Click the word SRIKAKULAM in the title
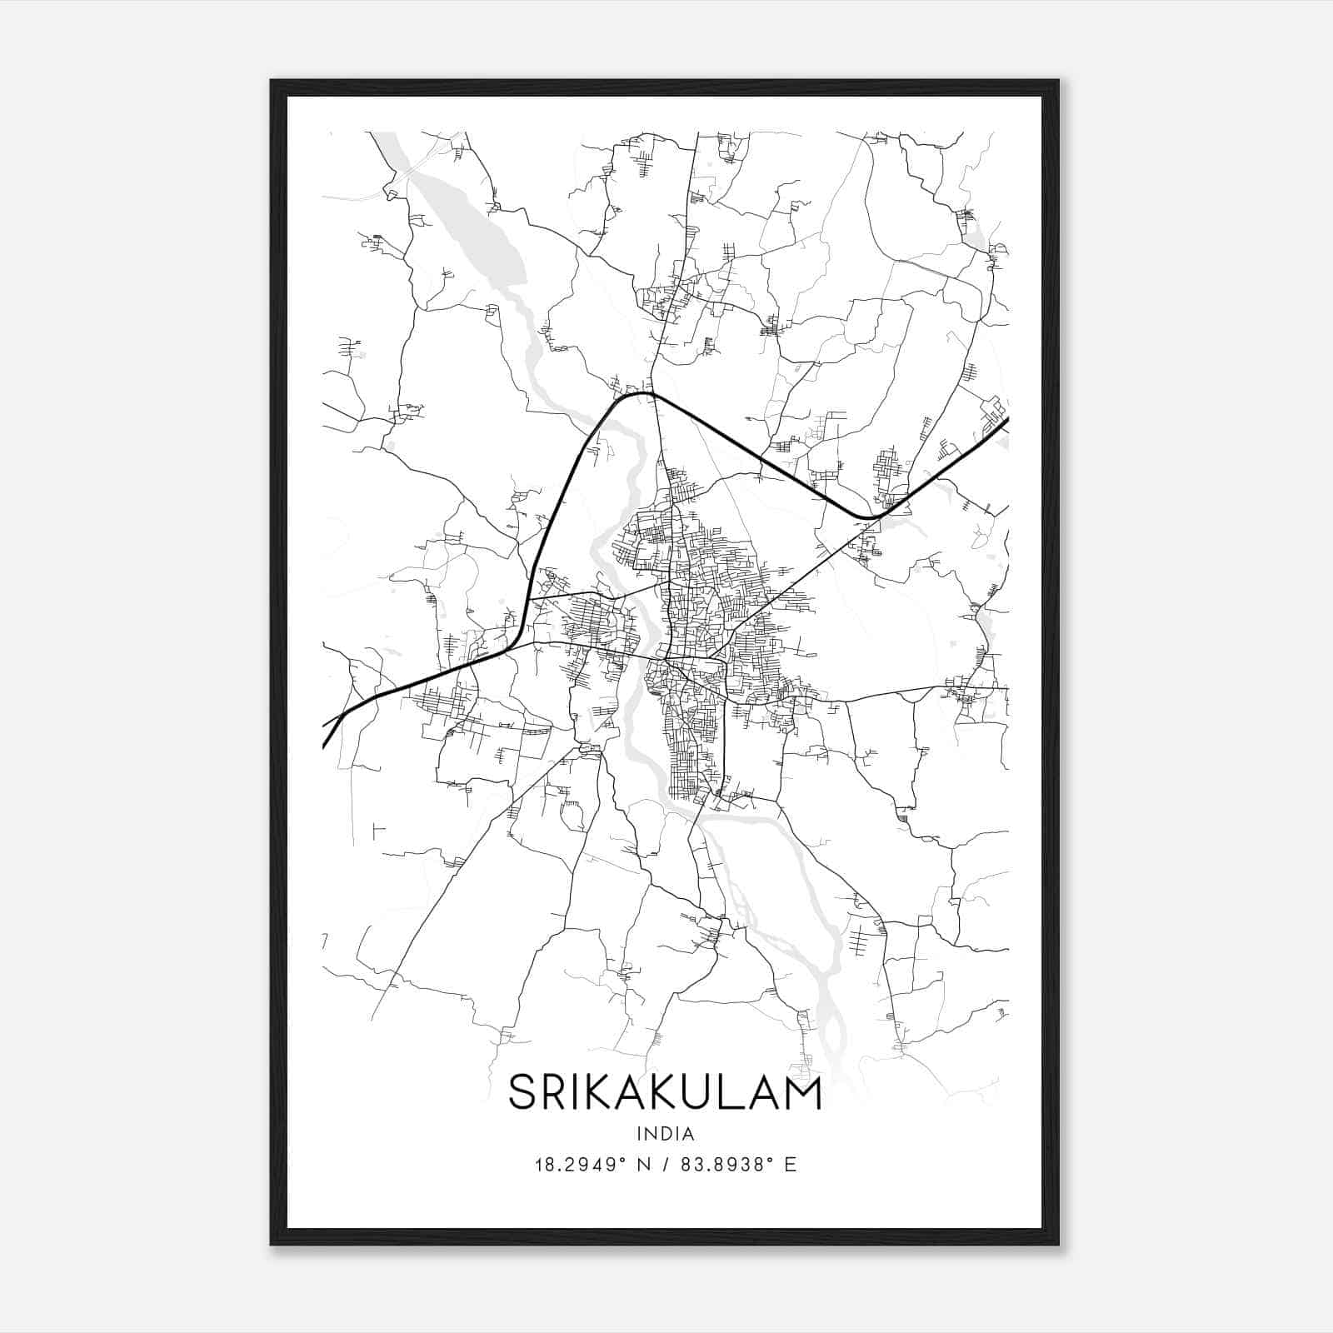(x=665, y=1093)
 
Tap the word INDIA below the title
(x=665, y=1134)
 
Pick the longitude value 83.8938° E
(x=738, y=1164)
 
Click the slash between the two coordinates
(x=666, y=1164)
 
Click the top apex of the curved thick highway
(x=646, y=394)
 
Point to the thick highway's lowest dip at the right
(x=868, y=517)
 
